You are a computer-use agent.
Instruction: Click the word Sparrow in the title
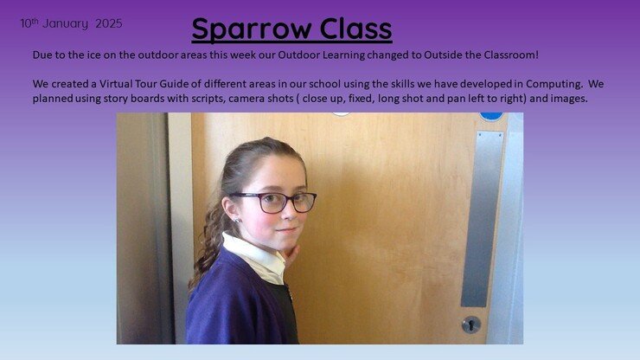tap(252, 29)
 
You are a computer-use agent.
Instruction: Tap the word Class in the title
tap(356, 29)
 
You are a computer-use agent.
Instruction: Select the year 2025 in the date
tap(109, 23)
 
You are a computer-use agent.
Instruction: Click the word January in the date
tap(66, 24)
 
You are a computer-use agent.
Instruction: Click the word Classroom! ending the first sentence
tap(510, 55)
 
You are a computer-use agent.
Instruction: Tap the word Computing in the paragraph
tap(554, 85)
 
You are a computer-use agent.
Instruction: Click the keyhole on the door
tap(471, 325)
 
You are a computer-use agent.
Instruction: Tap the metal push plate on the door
tap(482, 219)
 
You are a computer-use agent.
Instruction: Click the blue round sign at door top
tap(491, 117)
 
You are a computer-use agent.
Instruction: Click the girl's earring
tap(237, 221)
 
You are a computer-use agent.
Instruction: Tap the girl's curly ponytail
tap(208, 245)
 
